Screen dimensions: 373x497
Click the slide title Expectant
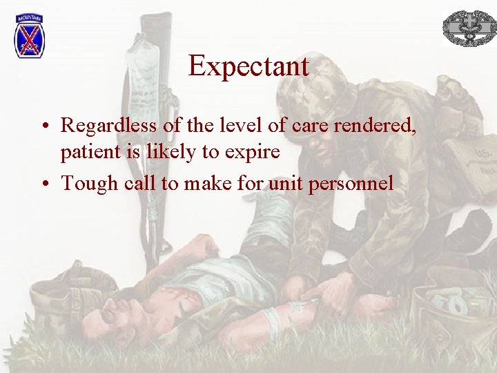coord(248,66)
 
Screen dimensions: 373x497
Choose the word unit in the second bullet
coord(284,183)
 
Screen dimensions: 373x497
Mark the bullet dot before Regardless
coord(43,126)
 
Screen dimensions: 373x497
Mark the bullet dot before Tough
coord(43,184)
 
